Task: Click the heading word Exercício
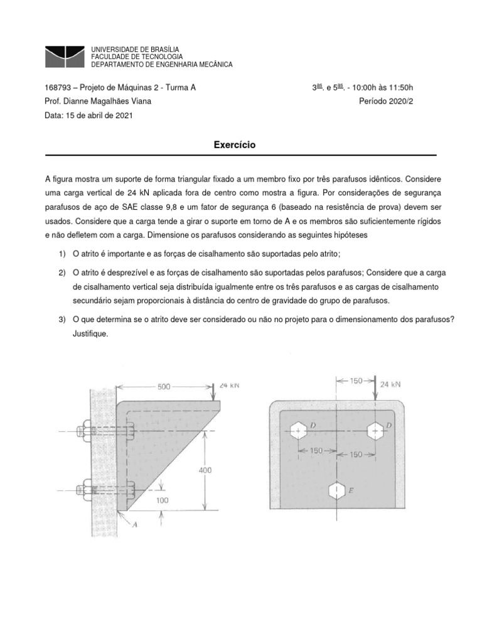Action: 235,145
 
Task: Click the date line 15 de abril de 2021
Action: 89,116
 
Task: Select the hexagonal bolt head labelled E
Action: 338,490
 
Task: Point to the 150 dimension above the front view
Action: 355,381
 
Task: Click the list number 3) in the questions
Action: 62,320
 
